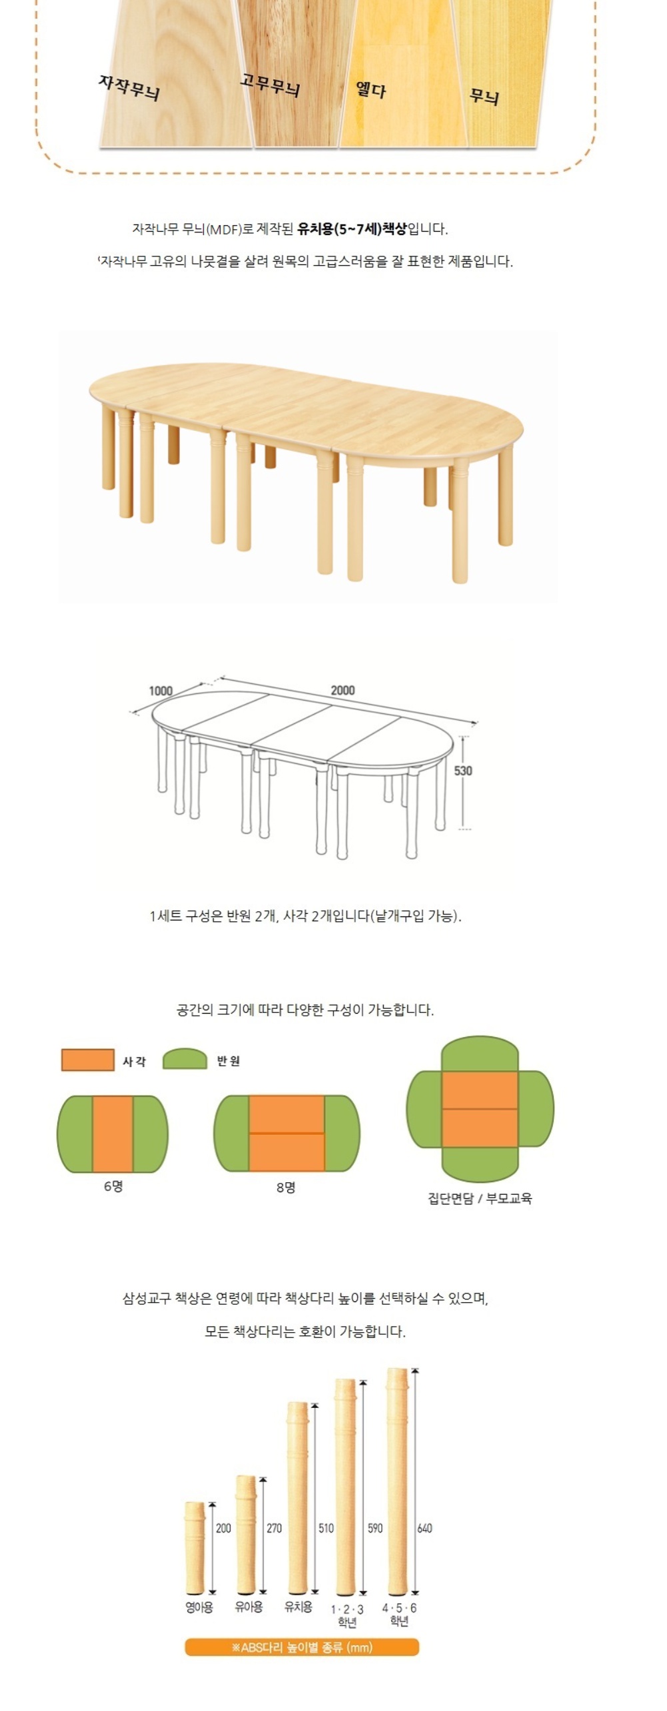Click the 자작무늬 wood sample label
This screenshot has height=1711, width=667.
pyautogui.click(x=129, y=88)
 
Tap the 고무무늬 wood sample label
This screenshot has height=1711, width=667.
pyautogui.click(x=270, y=85)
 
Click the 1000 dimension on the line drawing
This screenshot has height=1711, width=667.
pyautogui.click(x=161, y=691)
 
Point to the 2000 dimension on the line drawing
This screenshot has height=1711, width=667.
pyautogui.click(x=342, y=690)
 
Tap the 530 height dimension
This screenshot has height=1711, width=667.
pyautogui.click(x=463, y=771)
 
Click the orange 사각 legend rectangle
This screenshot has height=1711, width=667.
pyautogui.click(x=87, y=1060)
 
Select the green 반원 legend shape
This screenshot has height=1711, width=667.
pyautogui.click(x=185, y=1059)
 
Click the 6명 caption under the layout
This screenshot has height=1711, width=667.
pyautogui.click(x=113, y=1186)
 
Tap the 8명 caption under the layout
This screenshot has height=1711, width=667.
pyautogui.click(x=286, y=1187)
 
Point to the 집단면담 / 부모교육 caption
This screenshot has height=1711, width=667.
pyautogui.click(x=480, y=1198)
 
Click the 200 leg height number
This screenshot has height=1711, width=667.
pyautogui.click(x=223, y=1528)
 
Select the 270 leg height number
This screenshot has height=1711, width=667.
pyautogui.click(x=274, y=1528)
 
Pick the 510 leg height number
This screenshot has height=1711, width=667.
pyautogui.click(x=326, y=1528)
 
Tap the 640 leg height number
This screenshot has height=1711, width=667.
pyautogui.click(x=424, y=1528)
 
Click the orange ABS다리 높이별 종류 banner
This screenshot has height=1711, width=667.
pyautogui.click(x=302, y=1647)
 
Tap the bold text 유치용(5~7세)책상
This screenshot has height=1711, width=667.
pyautogui.click(x=352, y=229)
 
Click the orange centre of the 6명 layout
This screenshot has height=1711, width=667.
pyautogui.click(x=113, y=1134)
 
